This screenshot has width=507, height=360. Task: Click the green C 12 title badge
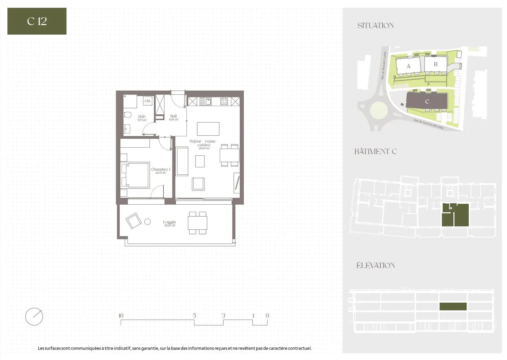click(x=37, y=21)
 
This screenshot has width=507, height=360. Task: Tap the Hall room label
click(x=174, y=116)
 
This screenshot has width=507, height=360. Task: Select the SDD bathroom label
click(x=142, y=117)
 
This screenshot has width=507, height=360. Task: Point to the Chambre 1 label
click(x=161, y=169)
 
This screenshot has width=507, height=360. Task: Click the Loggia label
click(x=169, y=222)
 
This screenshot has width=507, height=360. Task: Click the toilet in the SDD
click(x=128, y=115)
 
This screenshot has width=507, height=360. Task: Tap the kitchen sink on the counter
click(x=206, y=101)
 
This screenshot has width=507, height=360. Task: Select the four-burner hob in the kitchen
click(x=224, y=101)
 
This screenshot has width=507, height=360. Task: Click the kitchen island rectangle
click(x=208, y=129)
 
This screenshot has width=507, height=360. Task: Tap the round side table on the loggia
click(x=148, y=222)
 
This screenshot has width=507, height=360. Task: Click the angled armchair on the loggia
click(x=134, y=221)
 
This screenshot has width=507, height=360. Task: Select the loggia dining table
click(x=198, y=223)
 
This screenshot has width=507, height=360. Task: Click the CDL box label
click(x=148, y=101)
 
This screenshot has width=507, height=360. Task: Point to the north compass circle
click(x=34, y=316)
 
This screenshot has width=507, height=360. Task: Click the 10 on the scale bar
click(x=121, y=316)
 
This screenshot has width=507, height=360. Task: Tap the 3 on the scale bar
click(x=223, y=316)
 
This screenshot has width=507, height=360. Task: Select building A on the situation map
click(x=408, y=66)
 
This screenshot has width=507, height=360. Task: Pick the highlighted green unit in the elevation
click(x=453, y=306)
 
